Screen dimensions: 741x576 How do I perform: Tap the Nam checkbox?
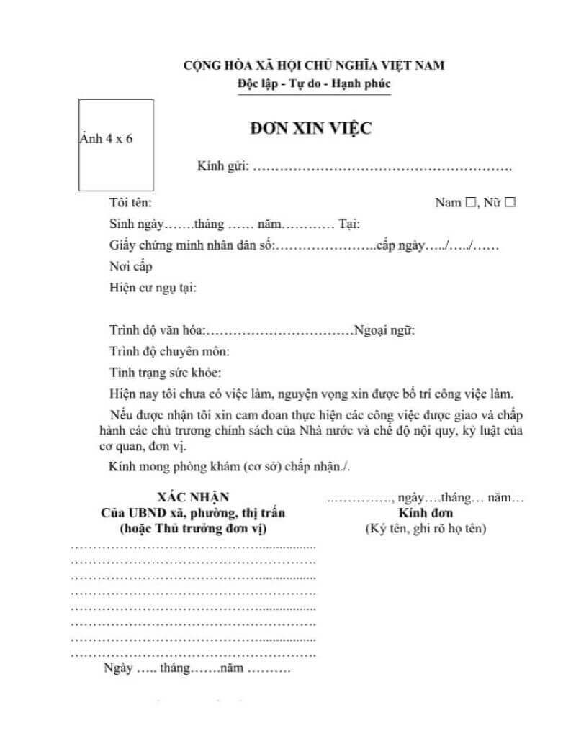[x=472, y=203]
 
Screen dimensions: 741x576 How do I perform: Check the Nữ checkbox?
[x=510, y=203]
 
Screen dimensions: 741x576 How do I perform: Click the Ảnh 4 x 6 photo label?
[x=107, y=139]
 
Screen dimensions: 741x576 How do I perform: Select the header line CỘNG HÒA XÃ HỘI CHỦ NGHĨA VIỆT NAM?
[x=314, y=65]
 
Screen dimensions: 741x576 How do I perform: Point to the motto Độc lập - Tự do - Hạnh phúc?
[x=314, y=84]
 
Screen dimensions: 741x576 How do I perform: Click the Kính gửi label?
[x=222, y=167]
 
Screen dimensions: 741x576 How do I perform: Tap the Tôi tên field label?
[x=130, y=203]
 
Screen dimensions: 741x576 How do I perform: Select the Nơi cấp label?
[x=131, y=266]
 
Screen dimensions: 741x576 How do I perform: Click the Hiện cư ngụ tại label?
[x=153, y=288]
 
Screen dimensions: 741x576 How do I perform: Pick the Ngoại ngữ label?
[x=384, y=331]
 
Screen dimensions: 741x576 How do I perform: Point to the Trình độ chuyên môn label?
[x=170, y=352]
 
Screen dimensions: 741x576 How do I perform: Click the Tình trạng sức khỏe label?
[x=166, y=373]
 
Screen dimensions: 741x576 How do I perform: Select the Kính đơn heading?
[x=426, y=513]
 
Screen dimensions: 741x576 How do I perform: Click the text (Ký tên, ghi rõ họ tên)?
[x=426, y=529]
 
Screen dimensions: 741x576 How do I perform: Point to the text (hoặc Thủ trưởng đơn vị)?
[x=193, y=529]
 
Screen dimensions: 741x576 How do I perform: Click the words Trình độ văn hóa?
[x=158, y=331]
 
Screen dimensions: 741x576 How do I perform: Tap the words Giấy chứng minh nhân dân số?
[x=192, y=245]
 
